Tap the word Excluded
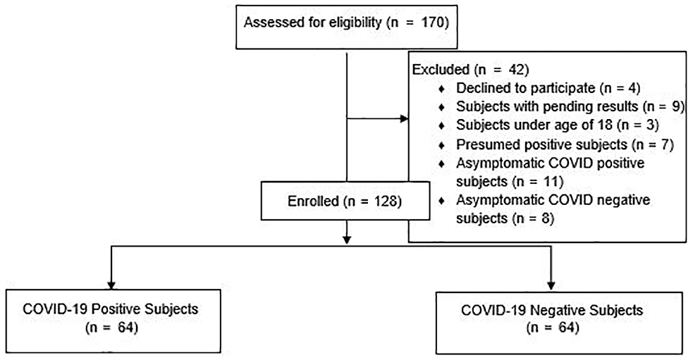coord(441,69)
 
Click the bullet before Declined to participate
coord(441,89)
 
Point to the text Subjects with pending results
coord(547,106)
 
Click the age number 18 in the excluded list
coord(605,125)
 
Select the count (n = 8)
coord(533,218)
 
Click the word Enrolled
coord(313,201)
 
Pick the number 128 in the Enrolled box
coord(385,201)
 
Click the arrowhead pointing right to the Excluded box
coord(404,118)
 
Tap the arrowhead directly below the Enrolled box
coord(347,240)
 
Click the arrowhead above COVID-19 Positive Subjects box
coord(111,285)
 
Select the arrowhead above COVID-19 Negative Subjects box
coord(551,285)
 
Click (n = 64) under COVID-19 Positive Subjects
coord(111,328)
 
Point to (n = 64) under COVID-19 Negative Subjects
coord(553,328)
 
